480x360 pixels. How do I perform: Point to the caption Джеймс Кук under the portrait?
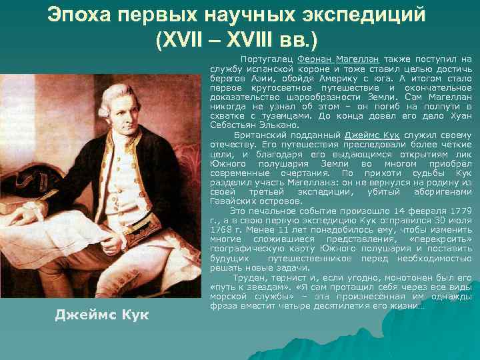102,314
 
